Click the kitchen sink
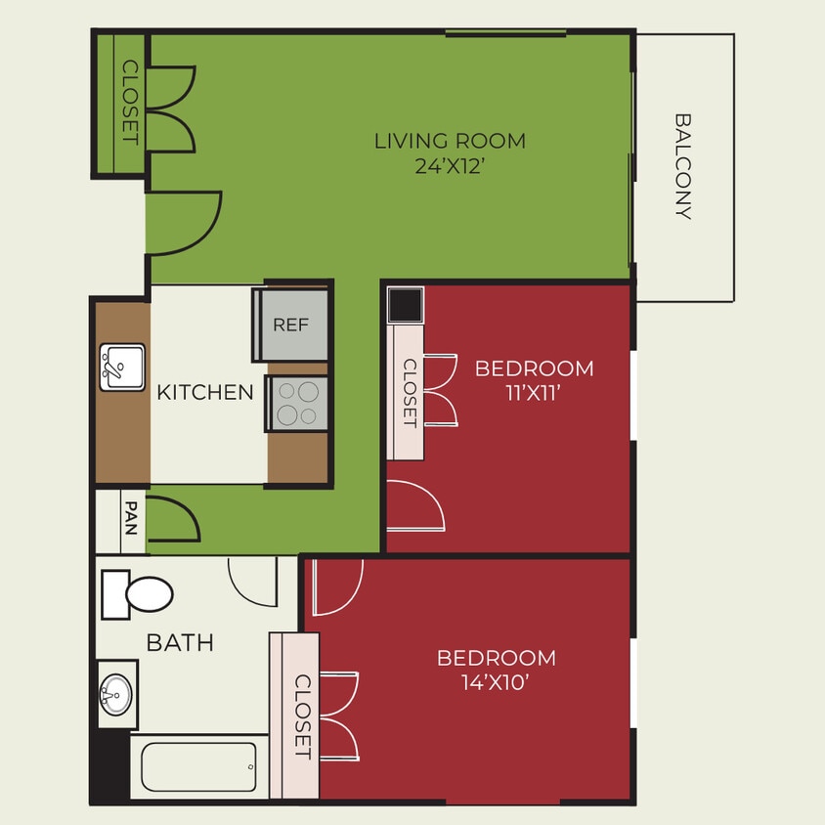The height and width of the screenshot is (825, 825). tap(121, 367)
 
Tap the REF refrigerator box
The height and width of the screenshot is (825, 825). tap(291, 325)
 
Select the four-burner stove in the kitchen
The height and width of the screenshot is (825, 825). tap(297, 404)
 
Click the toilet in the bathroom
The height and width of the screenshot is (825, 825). tap(138, 593)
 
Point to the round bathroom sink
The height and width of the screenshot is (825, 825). tap(116, 696)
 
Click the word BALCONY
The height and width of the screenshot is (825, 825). tap(683, 166)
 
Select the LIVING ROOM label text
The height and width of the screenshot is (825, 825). tap(450, 141)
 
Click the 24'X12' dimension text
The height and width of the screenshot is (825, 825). tap(451, 166)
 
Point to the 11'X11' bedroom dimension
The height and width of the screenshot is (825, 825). tap(534, 394)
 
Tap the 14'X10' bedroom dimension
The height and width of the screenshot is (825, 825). tap(496, 683)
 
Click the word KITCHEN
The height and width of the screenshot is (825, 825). tap(205, 393)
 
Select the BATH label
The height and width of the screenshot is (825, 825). tap(180, 642)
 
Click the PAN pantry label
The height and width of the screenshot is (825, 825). tap(130, 518)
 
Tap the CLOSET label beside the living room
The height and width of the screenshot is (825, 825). tap(129, 102)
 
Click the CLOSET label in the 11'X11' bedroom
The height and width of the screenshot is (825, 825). tap(410, 393)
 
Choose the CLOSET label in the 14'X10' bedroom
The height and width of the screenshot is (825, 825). tap(302, 716)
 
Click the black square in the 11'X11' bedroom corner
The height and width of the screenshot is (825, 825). tap(405, 305)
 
